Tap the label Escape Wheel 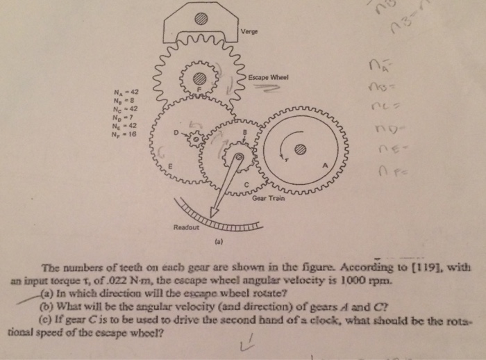point(267,77)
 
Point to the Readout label point(185,227)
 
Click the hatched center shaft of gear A point(300,148)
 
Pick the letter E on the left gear point(168,166)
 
